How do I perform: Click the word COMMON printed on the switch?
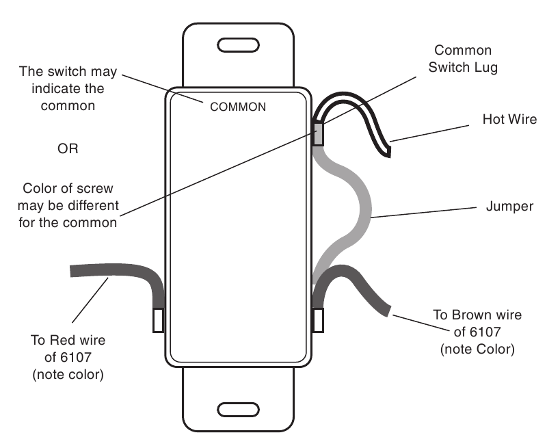(x=238, y=107)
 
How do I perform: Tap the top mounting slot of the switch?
(x=238, y=45)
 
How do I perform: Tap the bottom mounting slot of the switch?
(x=238, y=410)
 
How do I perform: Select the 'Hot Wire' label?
(x=509, y=119)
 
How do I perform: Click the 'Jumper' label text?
(x=509, y=207)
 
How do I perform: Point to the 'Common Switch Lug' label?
(x=463, y=59)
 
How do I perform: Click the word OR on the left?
(x=68, y=148)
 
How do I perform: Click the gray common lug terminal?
(x=318, y=133)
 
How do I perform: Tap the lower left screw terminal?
(x=159, y=320)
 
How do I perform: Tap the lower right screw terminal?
(x=318, y=320)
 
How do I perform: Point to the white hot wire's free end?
(x=388, y=152)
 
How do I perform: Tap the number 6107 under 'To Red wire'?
(x=76, y=357)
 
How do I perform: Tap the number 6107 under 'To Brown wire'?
(x=485, y=332)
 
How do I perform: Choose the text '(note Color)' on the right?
(x=477, y=350)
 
